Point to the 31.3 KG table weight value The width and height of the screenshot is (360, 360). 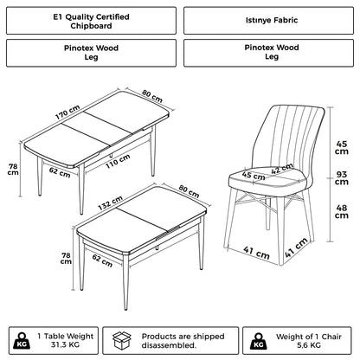67,344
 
